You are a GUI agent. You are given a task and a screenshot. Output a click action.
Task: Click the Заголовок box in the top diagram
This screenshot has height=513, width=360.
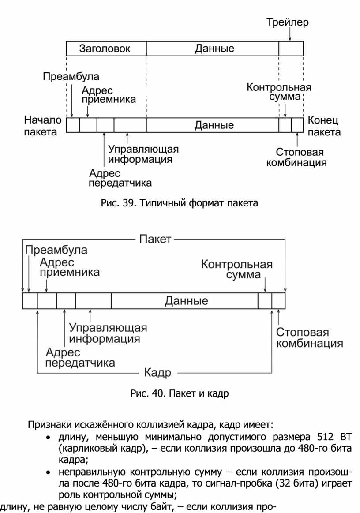pos(105,49)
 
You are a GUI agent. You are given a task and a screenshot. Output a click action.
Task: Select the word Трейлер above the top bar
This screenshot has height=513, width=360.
pos(287,22)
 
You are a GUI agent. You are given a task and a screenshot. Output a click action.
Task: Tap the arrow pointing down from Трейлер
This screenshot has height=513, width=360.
pos(290,34)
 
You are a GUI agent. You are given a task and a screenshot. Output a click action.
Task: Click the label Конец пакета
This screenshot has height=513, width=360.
pos(324,126)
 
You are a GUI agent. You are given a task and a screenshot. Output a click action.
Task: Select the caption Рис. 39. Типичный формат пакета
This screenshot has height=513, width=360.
pos(179,203)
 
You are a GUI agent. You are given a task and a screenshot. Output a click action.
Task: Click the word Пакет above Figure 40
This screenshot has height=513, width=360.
pos(155,240)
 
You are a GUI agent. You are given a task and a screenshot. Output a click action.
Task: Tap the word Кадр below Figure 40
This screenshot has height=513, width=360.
pos(157,373)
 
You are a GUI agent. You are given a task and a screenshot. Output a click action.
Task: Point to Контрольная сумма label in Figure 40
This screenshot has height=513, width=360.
pos(237,270)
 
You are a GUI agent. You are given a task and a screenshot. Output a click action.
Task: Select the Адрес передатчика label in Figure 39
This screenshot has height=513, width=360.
pos(120,177)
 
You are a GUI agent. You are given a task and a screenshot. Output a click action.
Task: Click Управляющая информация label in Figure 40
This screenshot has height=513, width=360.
pos(108,333)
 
